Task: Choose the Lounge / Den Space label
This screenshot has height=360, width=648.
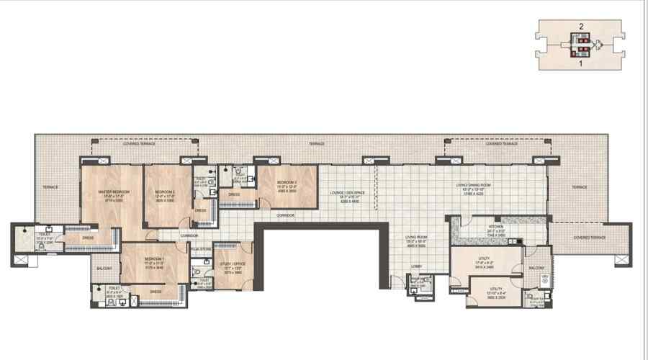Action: tap(343, 194)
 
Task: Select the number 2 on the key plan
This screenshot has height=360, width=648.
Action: tap(580, 27)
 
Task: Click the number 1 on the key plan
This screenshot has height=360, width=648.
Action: tap(580, 63)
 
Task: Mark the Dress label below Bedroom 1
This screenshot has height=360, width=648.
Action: tap(155, 292)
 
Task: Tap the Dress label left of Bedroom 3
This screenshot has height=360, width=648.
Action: tap(234, 194)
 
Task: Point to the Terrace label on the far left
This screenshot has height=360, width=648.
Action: tap(50, 187)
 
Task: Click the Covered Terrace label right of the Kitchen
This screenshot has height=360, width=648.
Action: tap(590, 236)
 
